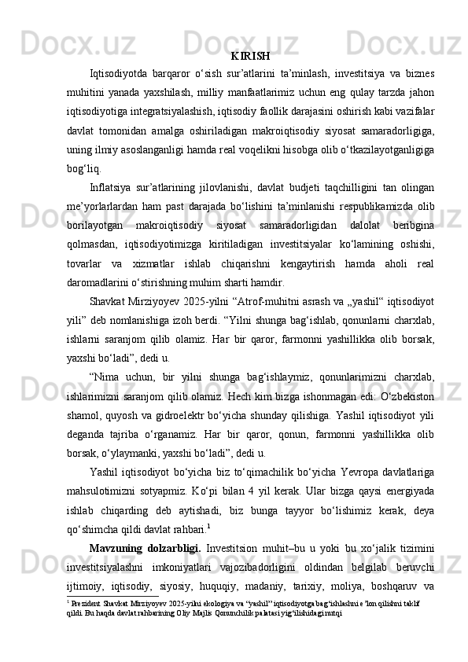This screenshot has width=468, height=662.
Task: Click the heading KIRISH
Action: click(x=251, y=57)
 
